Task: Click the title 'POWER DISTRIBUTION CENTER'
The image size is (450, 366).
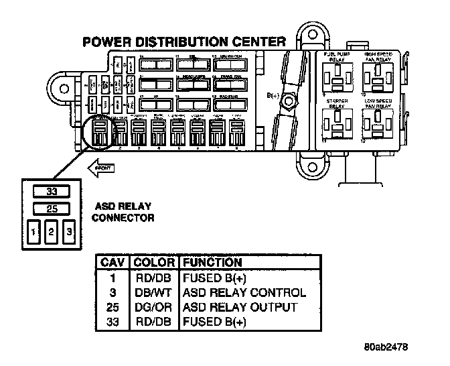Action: [x=185, y=42]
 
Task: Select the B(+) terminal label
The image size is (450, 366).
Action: [x=273, y=97]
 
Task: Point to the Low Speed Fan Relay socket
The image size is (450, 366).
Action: [x=378, y=125]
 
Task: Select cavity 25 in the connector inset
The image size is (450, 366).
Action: [x=50, y=209]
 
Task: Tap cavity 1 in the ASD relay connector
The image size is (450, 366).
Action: [x=33, y=233]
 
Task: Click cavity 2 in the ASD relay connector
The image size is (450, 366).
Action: [x=50, y=233]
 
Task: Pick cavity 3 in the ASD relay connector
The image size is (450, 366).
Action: [x=68, y=233]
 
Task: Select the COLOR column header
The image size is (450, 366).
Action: [x=154, y=262]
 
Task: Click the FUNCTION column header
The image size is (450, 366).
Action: [x=212, y=262]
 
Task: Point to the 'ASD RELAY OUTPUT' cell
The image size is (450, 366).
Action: [x=239, y=307]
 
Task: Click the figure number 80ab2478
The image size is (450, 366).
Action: [x=387, y=348]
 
